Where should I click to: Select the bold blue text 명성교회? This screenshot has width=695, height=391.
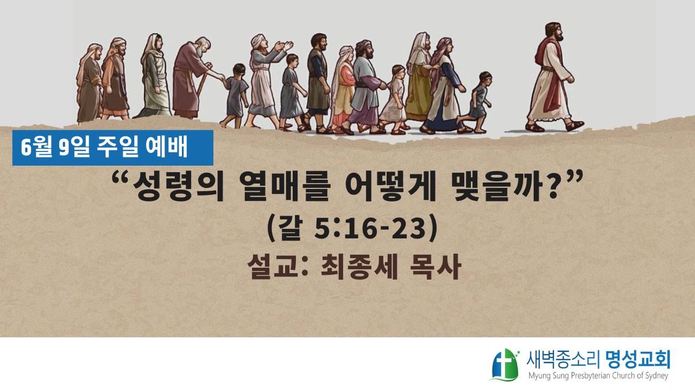tap(637, 360)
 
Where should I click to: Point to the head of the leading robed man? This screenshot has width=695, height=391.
tap(554, 31)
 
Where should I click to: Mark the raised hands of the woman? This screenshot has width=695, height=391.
tap(283, 47)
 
